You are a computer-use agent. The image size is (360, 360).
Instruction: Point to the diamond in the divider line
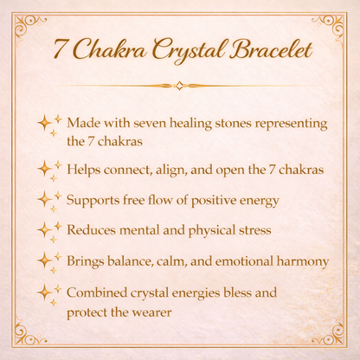click(x=179, y=86)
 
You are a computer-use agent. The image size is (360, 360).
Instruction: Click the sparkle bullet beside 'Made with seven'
click(x=48, y=124)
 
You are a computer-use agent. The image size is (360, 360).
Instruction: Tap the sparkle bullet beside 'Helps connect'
click(x=48, y=169)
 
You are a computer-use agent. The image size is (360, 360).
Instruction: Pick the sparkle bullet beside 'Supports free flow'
click(x=48, y=200)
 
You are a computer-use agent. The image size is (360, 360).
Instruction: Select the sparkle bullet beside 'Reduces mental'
click(x=48, y=230)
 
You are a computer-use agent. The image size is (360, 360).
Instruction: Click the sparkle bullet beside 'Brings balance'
click(x=48, y=260)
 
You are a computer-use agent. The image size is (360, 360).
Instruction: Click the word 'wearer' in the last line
click(x=149, y=312)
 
